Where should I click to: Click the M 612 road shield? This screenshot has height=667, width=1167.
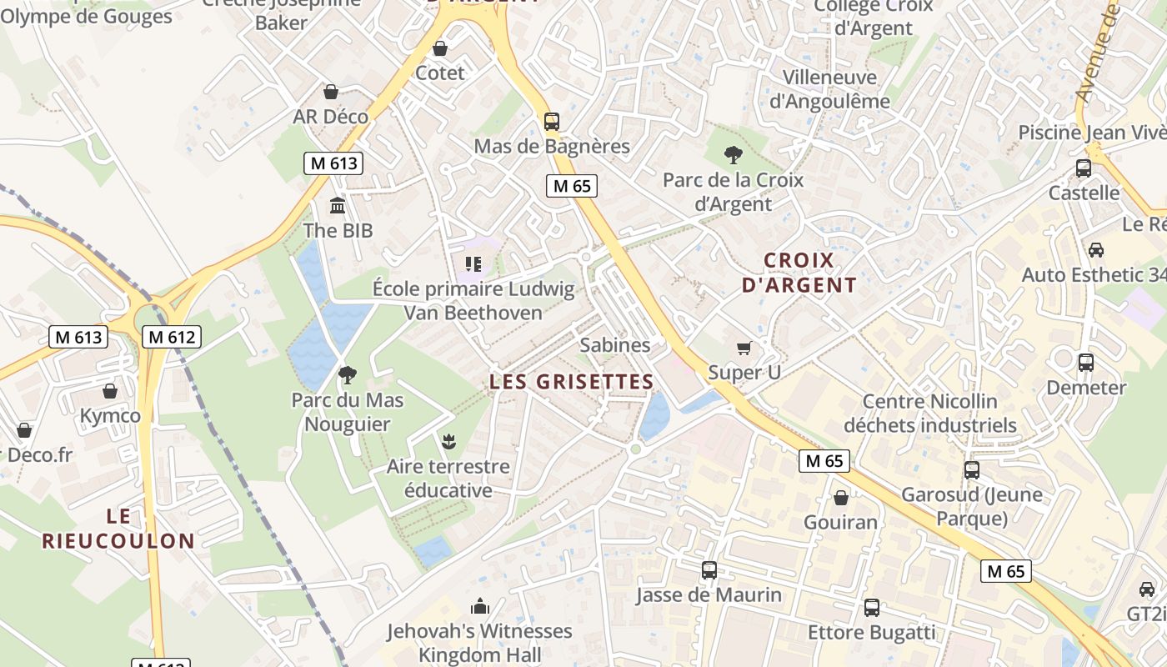coord(173,337)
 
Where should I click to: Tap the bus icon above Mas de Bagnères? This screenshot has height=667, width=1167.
coord(551,121)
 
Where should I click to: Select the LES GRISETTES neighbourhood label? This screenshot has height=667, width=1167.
coord(571,382)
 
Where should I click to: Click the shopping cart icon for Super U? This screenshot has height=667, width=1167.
coord(744,348)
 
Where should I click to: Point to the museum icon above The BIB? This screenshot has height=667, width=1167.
coord(338,206)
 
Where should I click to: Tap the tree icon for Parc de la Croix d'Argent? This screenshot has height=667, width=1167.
coord(733,154)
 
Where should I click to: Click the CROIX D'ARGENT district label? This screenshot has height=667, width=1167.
coord(799,273)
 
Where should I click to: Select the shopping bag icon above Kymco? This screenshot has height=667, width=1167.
coord(110,391)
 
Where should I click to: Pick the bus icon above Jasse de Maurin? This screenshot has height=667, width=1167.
coord(709,570)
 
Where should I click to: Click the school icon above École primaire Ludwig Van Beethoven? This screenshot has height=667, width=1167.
coord(473,265)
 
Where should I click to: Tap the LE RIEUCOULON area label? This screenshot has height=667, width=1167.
coord(118,528)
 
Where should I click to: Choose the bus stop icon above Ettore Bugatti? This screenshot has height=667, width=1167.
coord(871,608)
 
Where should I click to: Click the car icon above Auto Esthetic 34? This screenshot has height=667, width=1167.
coord(1095,250)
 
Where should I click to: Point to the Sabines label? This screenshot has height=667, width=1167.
coord(614,344)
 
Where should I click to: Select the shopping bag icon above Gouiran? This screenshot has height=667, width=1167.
coord(840,498)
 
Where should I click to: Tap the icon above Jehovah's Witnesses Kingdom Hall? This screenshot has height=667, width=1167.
coord(479,606)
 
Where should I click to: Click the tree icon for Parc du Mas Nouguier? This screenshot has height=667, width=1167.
coord(347,375)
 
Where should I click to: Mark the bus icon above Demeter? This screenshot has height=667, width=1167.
coord(1085,363)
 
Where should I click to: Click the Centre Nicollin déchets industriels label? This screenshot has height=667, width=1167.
coord(929,414)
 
